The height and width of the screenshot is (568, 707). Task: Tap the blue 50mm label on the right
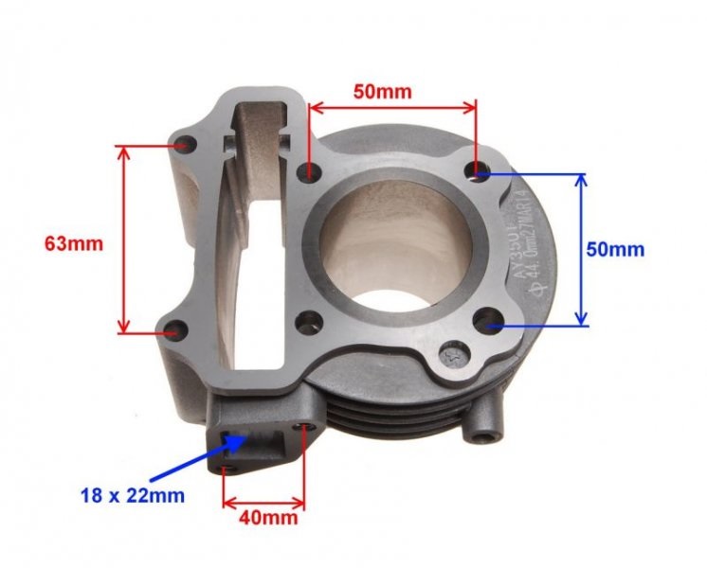(615, 250)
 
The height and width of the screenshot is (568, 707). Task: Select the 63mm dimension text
(73, 242)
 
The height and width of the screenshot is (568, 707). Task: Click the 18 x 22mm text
(132, 495)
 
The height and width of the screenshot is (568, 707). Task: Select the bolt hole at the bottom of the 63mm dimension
(173, 331)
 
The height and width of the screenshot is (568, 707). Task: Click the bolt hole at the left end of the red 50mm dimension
(306, 172)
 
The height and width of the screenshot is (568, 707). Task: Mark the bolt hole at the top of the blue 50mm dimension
(480, 171)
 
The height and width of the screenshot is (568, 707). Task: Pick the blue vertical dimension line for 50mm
(581, 249)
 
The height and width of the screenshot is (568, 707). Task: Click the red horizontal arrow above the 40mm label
(264, 502)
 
